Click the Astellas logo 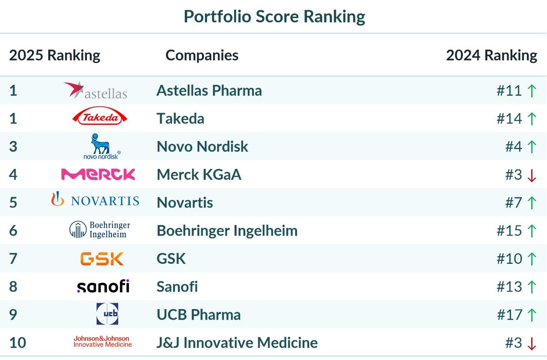(96, 91)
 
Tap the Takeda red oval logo (99, 118)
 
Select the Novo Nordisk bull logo (101, 146)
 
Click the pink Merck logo (98, 174)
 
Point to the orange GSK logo (102, 259)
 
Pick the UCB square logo (107, 314)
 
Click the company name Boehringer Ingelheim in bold (227, 231)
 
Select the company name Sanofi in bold (177, 287)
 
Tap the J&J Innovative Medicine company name (237, 343)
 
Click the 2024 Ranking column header (491, 55)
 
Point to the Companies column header (202, 55)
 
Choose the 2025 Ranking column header (55, 55)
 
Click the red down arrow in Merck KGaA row (532, 175)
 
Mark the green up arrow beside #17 (532, 315)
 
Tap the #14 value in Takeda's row (509, 118)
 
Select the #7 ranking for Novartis (513, 202)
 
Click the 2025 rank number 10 (17, 343)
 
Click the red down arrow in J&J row (532, 343)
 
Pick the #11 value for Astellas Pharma (509, 91)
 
